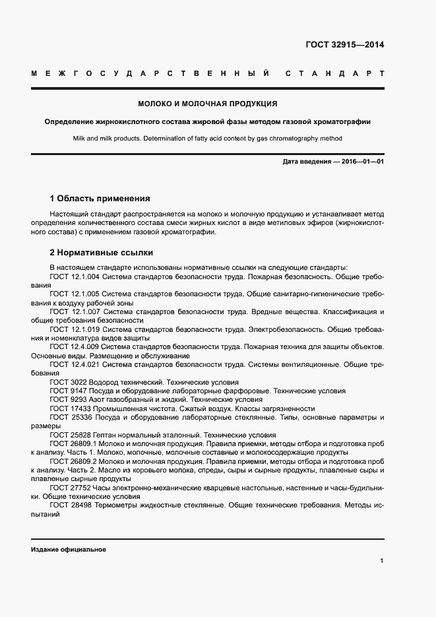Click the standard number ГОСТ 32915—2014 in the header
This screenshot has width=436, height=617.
(x=345, y=46)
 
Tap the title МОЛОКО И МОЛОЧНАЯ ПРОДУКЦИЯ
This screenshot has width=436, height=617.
(x=207, y=104)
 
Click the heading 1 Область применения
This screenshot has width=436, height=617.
(x=100, y=199)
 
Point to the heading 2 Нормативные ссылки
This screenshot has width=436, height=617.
(x=101, y=252)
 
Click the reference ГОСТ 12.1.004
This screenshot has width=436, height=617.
(x=75, y=277)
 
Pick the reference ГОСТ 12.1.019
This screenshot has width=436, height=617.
(x=75, y=329)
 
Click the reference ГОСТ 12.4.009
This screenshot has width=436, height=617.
(x=75, y=346)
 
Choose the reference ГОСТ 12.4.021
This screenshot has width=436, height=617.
(x=75, y=364)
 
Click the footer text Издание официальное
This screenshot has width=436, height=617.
(x=69, y=549)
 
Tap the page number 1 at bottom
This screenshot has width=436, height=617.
(x=382, y=561)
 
